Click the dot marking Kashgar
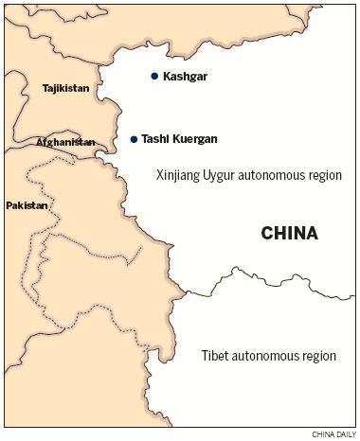(x=153, y=76)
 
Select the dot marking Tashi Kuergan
(x=134, y=139)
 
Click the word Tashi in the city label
(x=155, y=139)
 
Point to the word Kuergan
(x=194, y=139)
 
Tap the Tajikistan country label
(x=65, y=88)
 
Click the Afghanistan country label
(x=65, y=142)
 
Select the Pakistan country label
(x=26, y=205)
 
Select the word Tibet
(x=215, y=357)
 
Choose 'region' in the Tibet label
(x=316, y=357)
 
